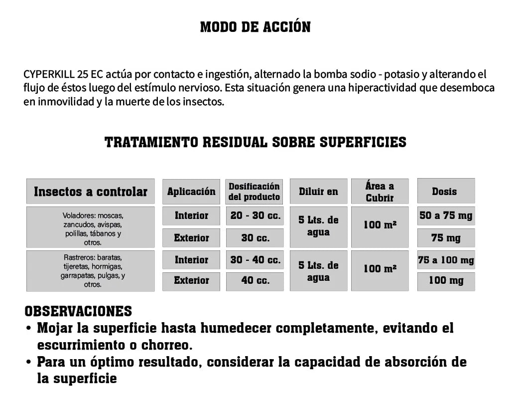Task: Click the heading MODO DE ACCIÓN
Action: tap(255, 27)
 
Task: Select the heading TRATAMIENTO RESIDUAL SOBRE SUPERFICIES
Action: tap(255, 143)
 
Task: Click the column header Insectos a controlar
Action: tap(91, 192)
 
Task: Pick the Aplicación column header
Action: tap(191, 192)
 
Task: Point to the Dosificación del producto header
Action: tap(254, 192)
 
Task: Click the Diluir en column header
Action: tap(318, 192)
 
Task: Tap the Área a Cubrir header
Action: tap(380, 192)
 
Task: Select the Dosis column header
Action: tap(445, 192)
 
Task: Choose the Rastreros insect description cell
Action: tap(91, 271)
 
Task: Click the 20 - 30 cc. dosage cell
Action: tap(255, 216)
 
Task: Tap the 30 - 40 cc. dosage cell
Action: tap(255, 260)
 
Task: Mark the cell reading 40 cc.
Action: tap(255, 281)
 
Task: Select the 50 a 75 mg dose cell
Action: tap(446, 216)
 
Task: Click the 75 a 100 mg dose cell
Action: tap(446, 260)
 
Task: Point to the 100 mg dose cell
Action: tap(446, 281)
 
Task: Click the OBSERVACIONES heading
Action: tap(78, 311)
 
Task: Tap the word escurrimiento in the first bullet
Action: tap(82, 345)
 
